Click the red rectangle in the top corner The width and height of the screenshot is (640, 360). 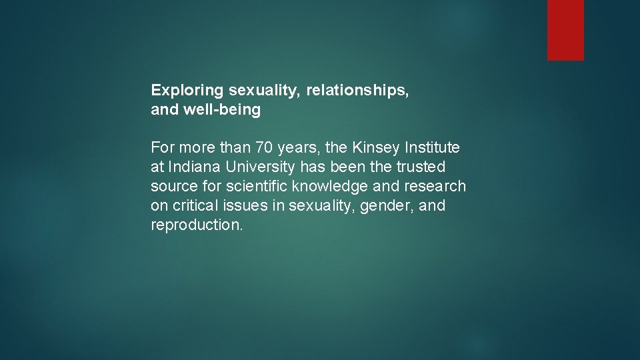(x=565, y=30)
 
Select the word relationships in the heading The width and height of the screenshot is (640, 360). (x=357, y=90)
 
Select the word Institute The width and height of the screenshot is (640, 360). (x=433, y=147)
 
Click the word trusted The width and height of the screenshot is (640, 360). (x=421, y=167)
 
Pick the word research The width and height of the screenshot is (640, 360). (x=435, y=186)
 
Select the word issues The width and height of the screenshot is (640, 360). (x=247, y=205)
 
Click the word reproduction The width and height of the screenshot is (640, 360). (x=197, y=225)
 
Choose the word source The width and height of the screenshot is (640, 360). (x=175, y=186)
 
